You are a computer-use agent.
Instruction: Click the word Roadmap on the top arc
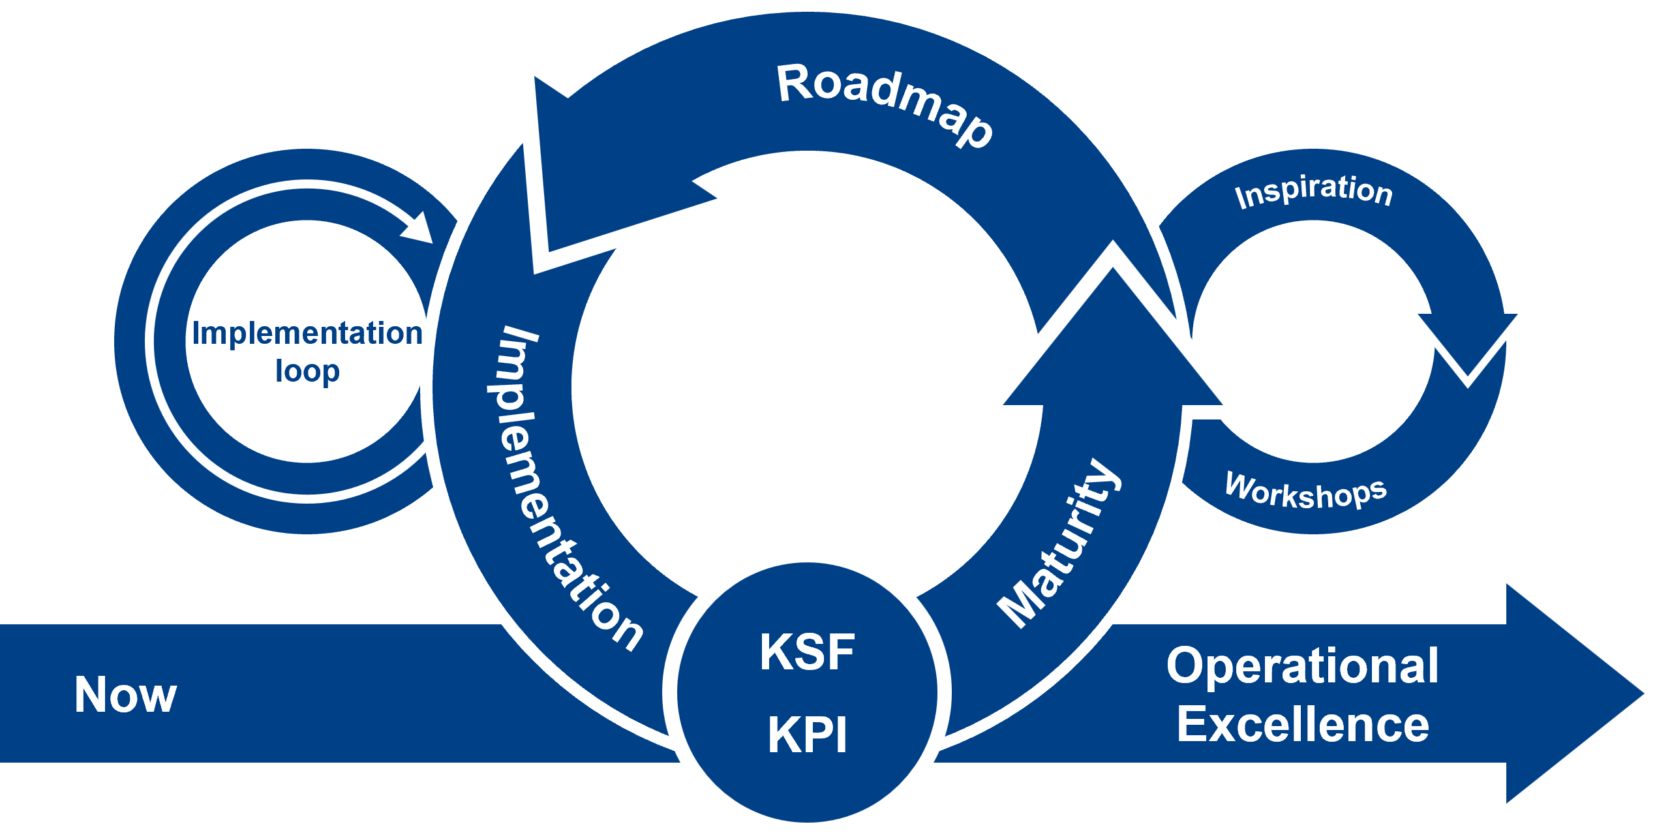[x=884, y=104]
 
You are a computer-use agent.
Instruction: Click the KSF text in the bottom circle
[x=807, y=652]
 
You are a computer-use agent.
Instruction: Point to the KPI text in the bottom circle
[x=807, y=735]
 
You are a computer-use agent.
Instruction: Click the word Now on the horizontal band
[x=125, y=694]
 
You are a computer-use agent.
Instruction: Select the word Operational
[x=1302, y=667]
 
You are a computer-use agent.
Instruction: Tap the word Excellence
[x=1302, y=725]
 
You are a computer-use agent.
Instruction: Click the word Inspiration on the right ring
[x=1314, y=190]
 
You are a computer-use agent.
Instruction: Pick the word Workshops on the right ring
[x=1305, y=491]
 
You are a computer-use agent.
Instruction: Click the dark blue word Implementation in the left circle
[x=307, y=333]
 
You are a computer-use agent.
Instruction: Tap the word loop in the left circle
[x=307, y=371]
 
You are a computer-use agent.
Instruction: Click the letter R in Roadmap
[x=793, y=84]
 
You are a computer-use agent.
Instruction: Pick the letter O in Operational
[x=1184, y=667]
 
